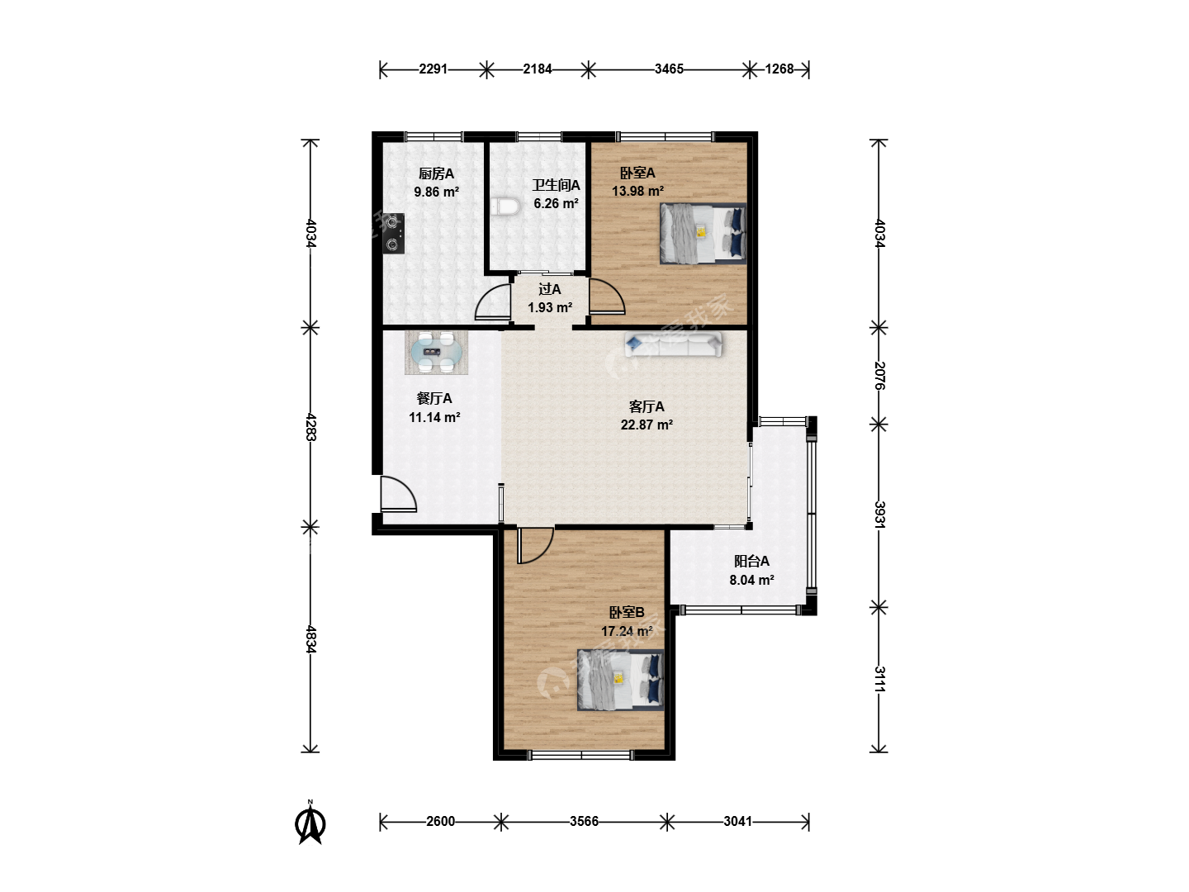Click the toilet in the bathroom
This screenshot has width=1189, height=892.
[505, 206]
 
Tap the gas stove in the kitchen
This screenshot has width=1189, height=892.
[393, 234]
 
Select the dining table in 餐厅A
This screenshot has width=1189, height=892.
[436, 353]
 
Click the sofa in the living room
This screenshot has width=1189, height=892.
[673, 344]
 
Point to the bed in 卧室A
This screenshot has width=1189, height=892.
[703, 234]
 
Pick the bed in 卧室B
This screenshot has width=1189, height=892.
[620, 680]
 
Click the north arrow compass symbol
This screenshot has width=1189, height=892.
[310, 823]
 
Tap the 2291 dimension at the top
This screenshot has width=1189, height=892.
[433, 69]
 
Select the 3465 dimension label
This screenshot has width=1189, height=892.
[669, 69]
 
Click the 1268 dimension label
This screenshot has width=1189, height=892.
[779, 69]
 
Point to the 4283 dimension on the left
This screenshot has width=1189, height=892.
[310, 427]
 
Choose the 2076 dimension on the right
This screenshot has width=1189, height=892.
[879, 376]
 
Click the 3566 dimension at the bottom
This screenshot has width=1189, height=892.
[584, 822]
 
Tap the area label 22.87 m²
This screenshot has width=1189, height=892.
[647, 425]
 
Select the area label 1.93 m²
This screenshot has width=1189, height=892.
[550, 307]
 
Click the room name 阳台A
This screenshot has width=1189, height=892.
[751, 561]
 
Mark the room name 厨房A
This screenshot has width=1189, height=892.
[436, 173]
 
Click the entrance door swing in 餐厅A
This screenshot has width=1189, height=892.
[399, 494]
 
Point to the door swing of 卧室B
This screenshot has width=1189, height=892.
[535, 546]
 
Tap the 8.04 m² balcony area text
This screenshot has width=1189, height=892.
[751, 580]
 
